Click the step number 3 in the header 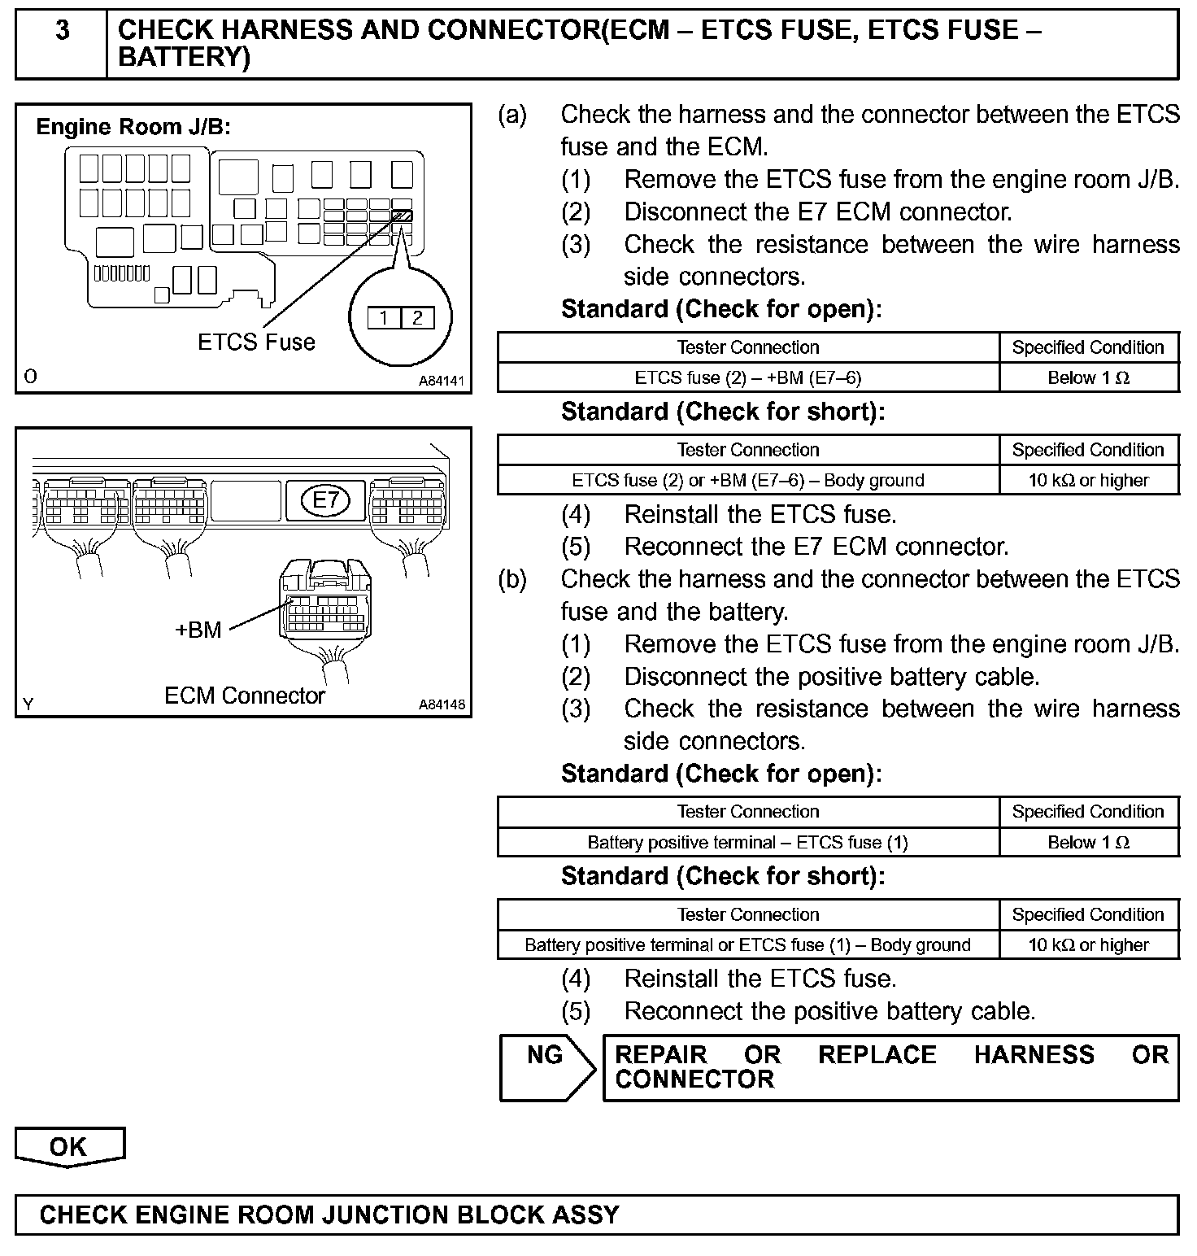click(x=62, y=31)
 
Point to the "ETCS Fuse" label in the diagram click(x=256, y=342)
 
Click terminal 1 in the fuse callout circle click(x=383, y=317)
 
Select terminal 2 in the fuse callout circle click(x=417, y=317)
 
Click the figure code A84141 click(x=442, y=380)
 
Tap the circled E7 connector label click(x=325, y=499)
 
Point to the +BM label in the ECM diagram click(x=198, y=630)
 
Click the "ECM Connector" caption click(x=244, y=696)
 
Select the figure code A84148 click(x=442, y=704)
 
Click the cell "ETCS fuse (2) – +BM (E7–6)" click(x=747, y=377)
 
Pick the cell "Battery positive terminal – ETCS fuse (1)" click(x=747, y=842)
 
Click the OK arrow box click(x=69, y=1147)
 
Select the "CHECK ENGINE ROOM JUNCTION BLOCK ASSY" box click(x=597, y=1215)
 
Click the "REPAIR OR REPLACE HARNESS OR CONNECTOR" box click(x=890, y=1067)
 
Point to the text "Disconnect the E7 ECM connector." click(x=817, y=212)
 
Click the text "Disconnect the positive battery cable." click(x=831, y=677)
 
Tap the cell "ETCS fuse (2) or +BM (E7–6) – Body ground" click(x=747, y=480)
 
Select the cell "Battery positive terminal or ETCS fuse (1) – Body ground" click(x=747, y=944)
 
